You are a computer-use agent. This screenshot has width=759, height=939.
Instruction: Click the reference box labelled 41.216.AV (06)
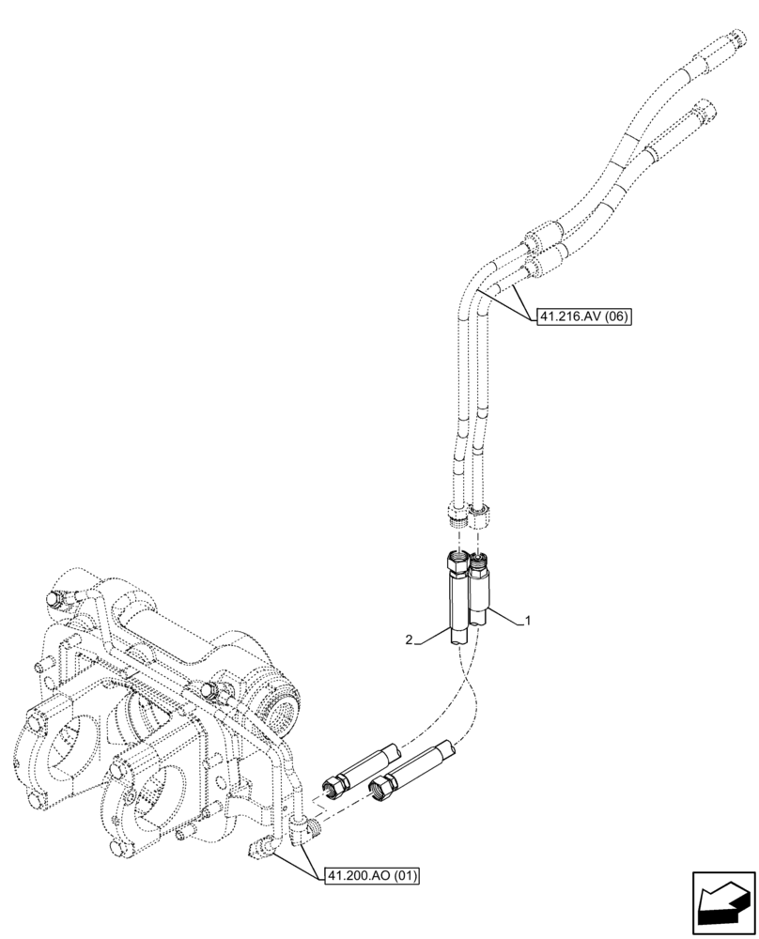(x=583, y=317)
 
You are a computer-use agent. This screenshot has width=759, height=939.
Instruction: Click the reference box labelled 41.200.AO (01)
(x=372, y=877)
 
